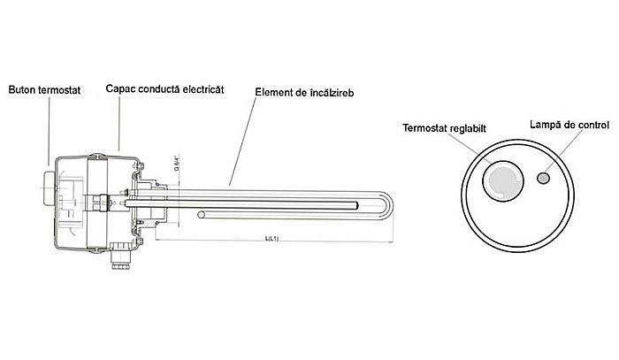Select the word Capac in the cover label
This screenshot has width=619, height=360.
119,88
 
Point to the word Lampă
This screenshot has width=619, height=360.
546,125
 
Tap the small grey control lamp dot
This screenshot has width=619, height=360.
542,179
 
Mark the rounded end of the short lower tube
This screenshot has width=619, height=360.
202,215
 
